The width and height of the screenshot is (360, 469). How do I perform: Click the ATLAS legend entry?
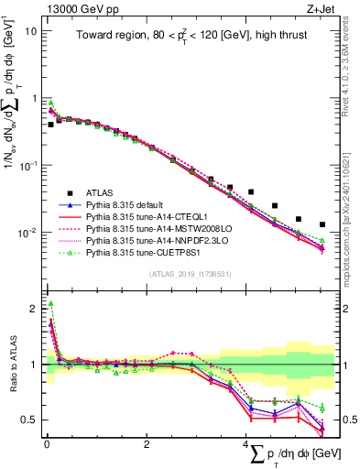click(102, 192)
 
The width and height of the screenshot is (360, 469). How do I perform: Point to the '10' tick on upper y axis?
click(29, 31)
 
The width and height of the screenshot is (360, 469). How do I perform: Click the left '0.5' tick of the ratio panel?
click(27, 420)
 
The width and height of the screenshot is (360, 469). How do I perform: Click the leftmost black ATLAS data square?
click(50, 124)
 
